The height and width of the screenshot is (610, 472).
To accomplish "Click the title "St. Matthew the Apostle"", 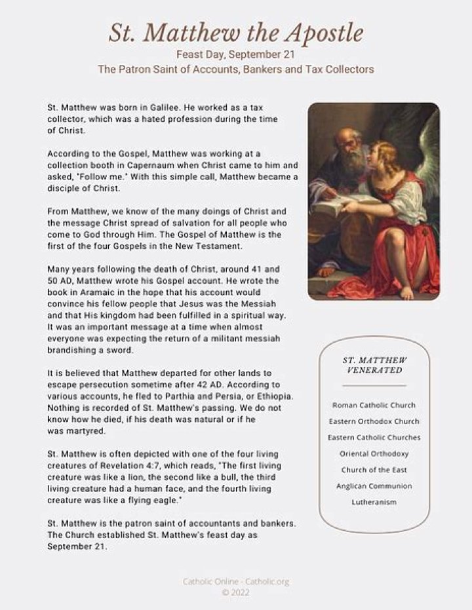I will (235, 33).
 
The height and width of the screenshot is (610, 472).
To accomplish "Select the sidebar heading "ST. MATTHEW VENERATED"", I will (374, 365).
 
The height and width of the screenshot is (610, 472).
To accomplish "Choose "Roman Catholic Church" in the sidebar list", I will (374, 406).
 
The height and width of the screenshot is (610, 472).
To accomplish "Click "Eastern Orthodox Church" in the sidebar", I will (374, 421).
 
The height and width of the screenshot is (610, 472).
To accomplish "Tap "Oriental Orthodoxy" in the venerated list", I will (374, 453).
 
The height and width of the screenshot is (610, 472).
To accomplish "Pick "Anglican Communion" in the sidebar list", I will (374, 486).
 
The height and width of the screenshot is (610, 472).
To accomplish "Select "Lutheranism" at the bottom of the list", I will (374, 503).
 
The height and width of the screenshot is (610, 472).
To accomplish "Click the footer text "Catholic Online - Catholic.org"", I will (235, 581).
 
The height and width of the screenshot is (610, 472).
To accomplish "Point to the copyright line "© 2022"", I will (235, 592).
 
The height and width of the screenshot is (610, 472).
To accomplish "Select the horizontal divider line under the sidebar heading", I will (374, 386).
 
